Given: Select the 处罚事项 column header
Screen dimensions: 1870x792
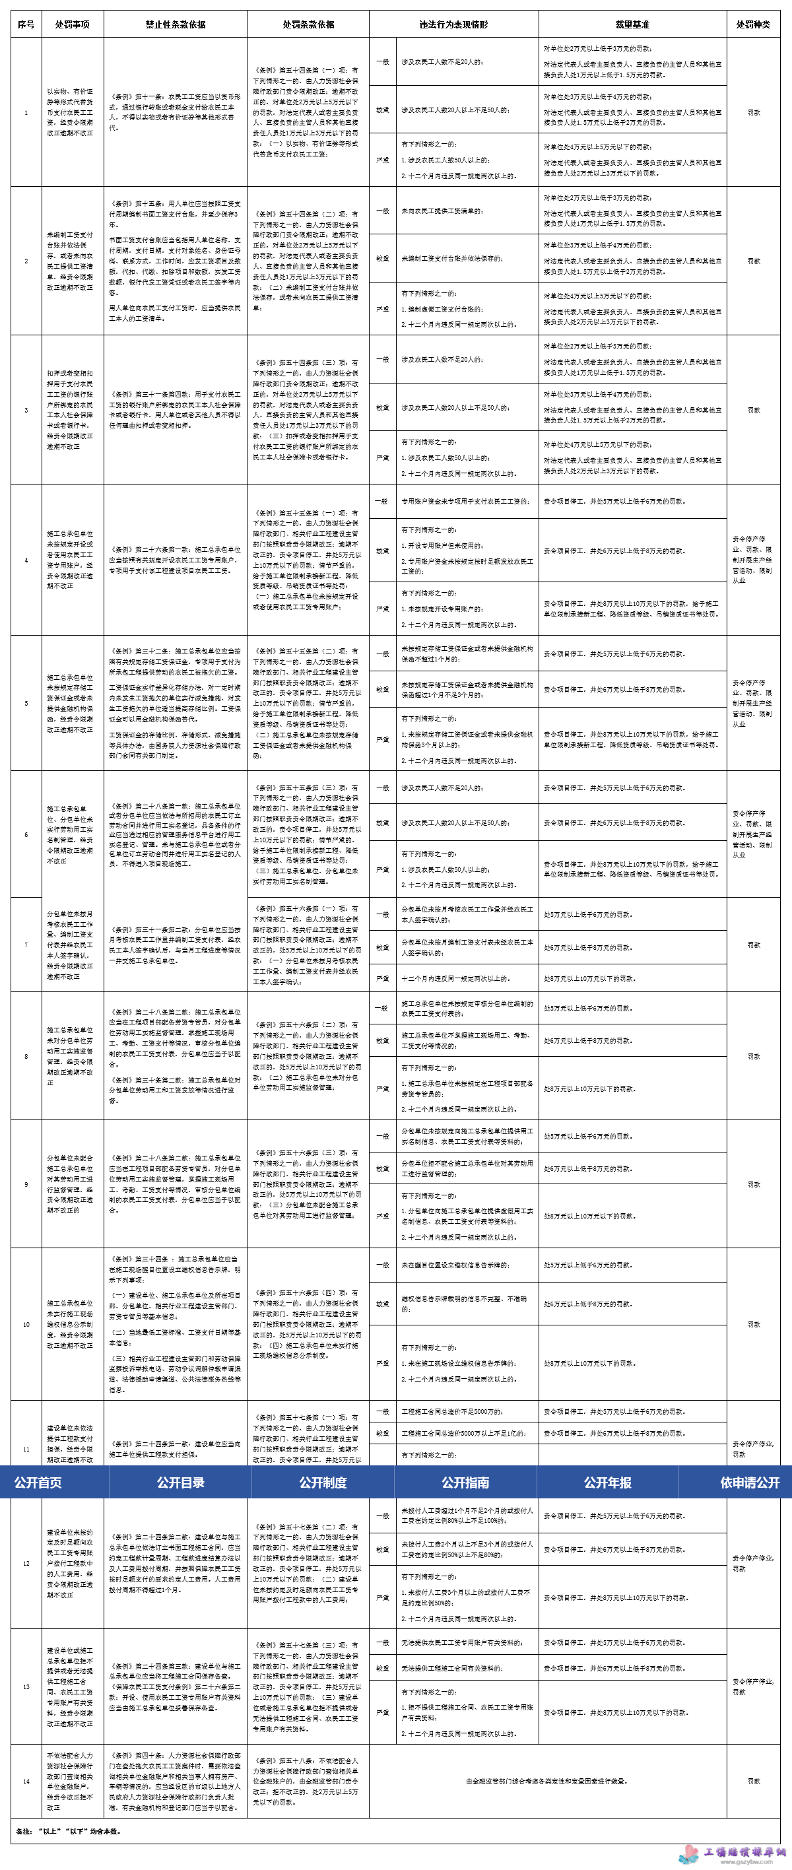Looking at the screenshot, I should tap(73, 24).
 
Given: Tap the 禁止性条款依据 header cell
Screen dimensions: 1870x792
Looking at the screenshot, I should tap(176, 24).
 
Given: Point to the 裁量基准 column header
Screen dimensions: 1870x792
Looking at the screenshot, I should tap(632, 24).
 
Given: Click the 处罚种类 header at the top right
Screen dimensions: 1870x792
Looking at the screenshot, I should tap(754, 24).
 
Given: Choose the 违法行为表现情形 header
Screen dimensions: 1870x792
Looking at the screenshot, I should tap(453, 24).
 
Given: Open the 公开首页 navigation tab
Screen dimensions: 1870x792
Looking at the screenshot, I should tap(38, 1483).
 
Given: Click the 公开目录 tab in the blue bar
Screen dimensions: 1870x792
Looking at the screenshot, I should tap(180, 1483).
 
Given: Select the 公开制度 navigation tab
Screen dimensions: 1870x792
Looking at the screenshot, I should tap(323, 1483).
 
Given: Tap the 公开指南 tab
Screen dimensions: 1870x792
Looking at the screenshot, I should tap(465, 1483).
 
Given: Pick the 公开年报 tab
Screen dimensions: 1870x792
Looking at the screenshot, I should tap(608, 1483).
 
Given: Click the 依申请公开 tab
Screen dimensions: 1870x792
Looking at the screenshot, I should tap(749, 1483).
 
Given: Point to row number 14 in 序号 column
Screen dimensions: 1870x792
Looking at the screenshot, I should tap(26, 1782).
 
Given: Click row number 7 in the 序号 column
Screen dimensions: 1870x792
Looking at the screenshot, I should tap(26, 945).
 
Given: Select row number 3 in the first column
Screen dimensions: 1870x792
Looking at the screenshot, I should tap(26, 410).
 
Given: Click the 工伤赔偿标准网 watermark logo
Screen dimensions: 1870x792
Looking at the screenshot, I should tap(733, 1853).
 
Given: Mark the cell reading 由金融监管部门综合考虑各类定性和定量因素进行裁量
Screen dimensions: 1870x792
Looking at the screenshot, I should tap(546, 1781).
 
